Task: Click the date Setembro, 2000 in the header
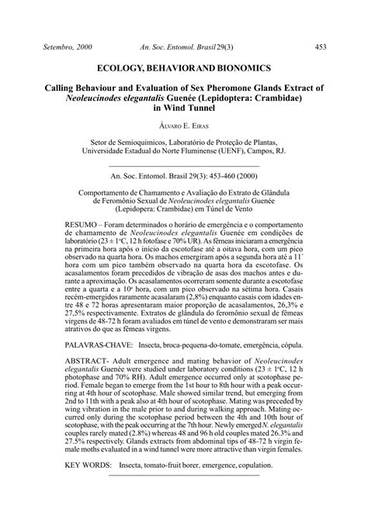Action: click(68, 47)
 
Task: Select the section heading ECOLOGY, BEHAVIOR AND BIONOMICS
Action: click(184, 68)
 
